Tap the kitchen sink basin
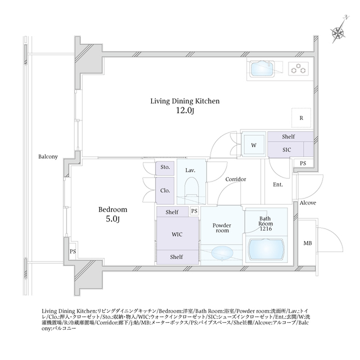coord(263,69)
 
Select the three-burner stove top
coord(299,69)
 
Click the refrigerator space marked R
coord(301,118)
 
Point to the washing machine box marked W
coord(254,145)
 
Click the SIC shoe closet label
coord(286,150)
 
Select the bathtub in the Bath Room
coord(266,250)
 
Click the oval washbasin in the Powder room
coord(222,252)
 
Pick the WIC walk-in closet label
coord(177,235)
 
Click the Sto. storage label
coord(165,167)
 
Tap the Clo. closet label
coord(165,191)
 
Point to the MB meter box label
coord(308,243)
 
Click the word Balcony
coord(48,157)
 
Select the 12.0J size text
coord(185,111)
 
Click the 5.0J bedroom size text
coord(112,219)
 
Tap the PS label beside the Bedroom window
coord(73,251)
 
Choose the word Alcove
coord(308,202)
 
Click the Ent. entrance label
coord(278,184)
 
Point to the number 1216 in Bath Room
coord(266,229)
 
